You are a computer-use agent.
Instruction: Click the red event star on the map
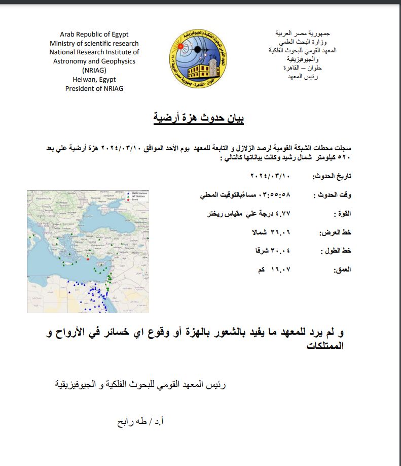pos(87,258)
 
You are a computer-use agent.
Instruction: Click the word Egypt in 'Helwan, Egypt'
pos(106,79)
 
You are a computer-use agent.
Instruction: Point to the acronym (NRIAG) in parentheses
pos(94,70)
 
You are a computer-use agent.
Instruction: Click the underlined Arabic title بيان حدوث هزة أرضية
pos(199,119)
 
